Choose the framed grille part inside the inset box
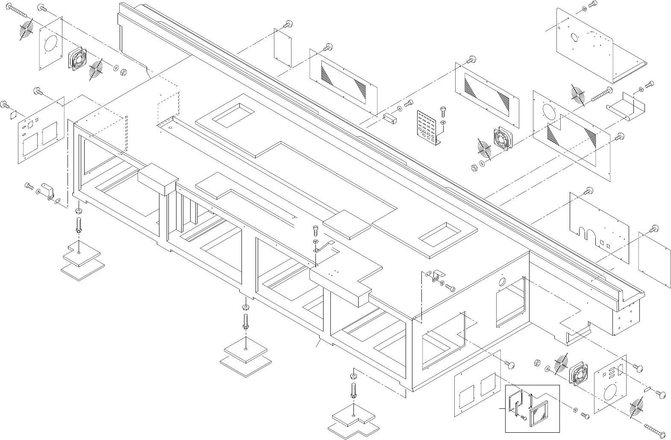pyautogui.click(x=539, y=414)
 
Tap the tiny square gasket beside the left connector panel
pyautogui.click(x=12, y=114)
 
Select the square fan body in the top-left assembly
pyautogui.click(x=77, y=59)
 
